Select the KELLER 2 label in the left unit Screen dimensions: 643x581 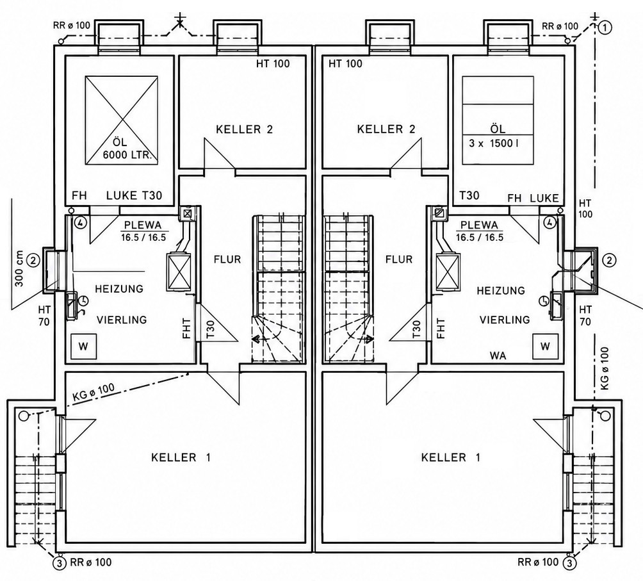coord(245,129)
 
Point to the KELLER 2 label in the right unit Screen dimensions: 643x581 coord(386,129)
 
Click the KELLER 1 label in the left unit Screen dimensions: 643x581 coord(181,457)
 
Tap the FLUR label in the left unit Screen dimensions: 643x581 coord(227,259)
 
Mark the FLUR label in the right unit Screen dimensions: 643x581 coord(399,259)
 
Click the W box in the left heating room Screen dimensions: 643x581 coord(83,347)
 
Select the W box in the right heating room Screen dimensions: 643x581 coord(545,347)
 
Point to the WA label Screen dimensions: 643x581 coord(498,356)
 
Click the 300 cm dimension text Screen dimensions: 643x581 coord(19,268)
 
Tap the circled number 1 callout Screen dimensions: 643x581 coord(605,28)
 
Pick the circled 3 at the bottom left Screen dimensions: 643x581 coord(60,562)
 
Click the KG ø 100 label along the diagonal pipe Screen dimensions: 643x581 coord(94,391)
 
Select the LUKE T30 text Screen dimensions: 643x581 coord(134,195)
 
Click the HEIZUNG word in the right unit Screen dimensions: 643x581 coord(501,291)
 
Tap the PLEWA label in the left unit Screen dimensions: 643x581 coord(143,225)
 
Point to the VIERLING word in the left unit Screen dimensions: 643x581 coord(122,320)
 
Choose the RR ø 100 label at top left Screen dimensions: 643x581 coord(71,25)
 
